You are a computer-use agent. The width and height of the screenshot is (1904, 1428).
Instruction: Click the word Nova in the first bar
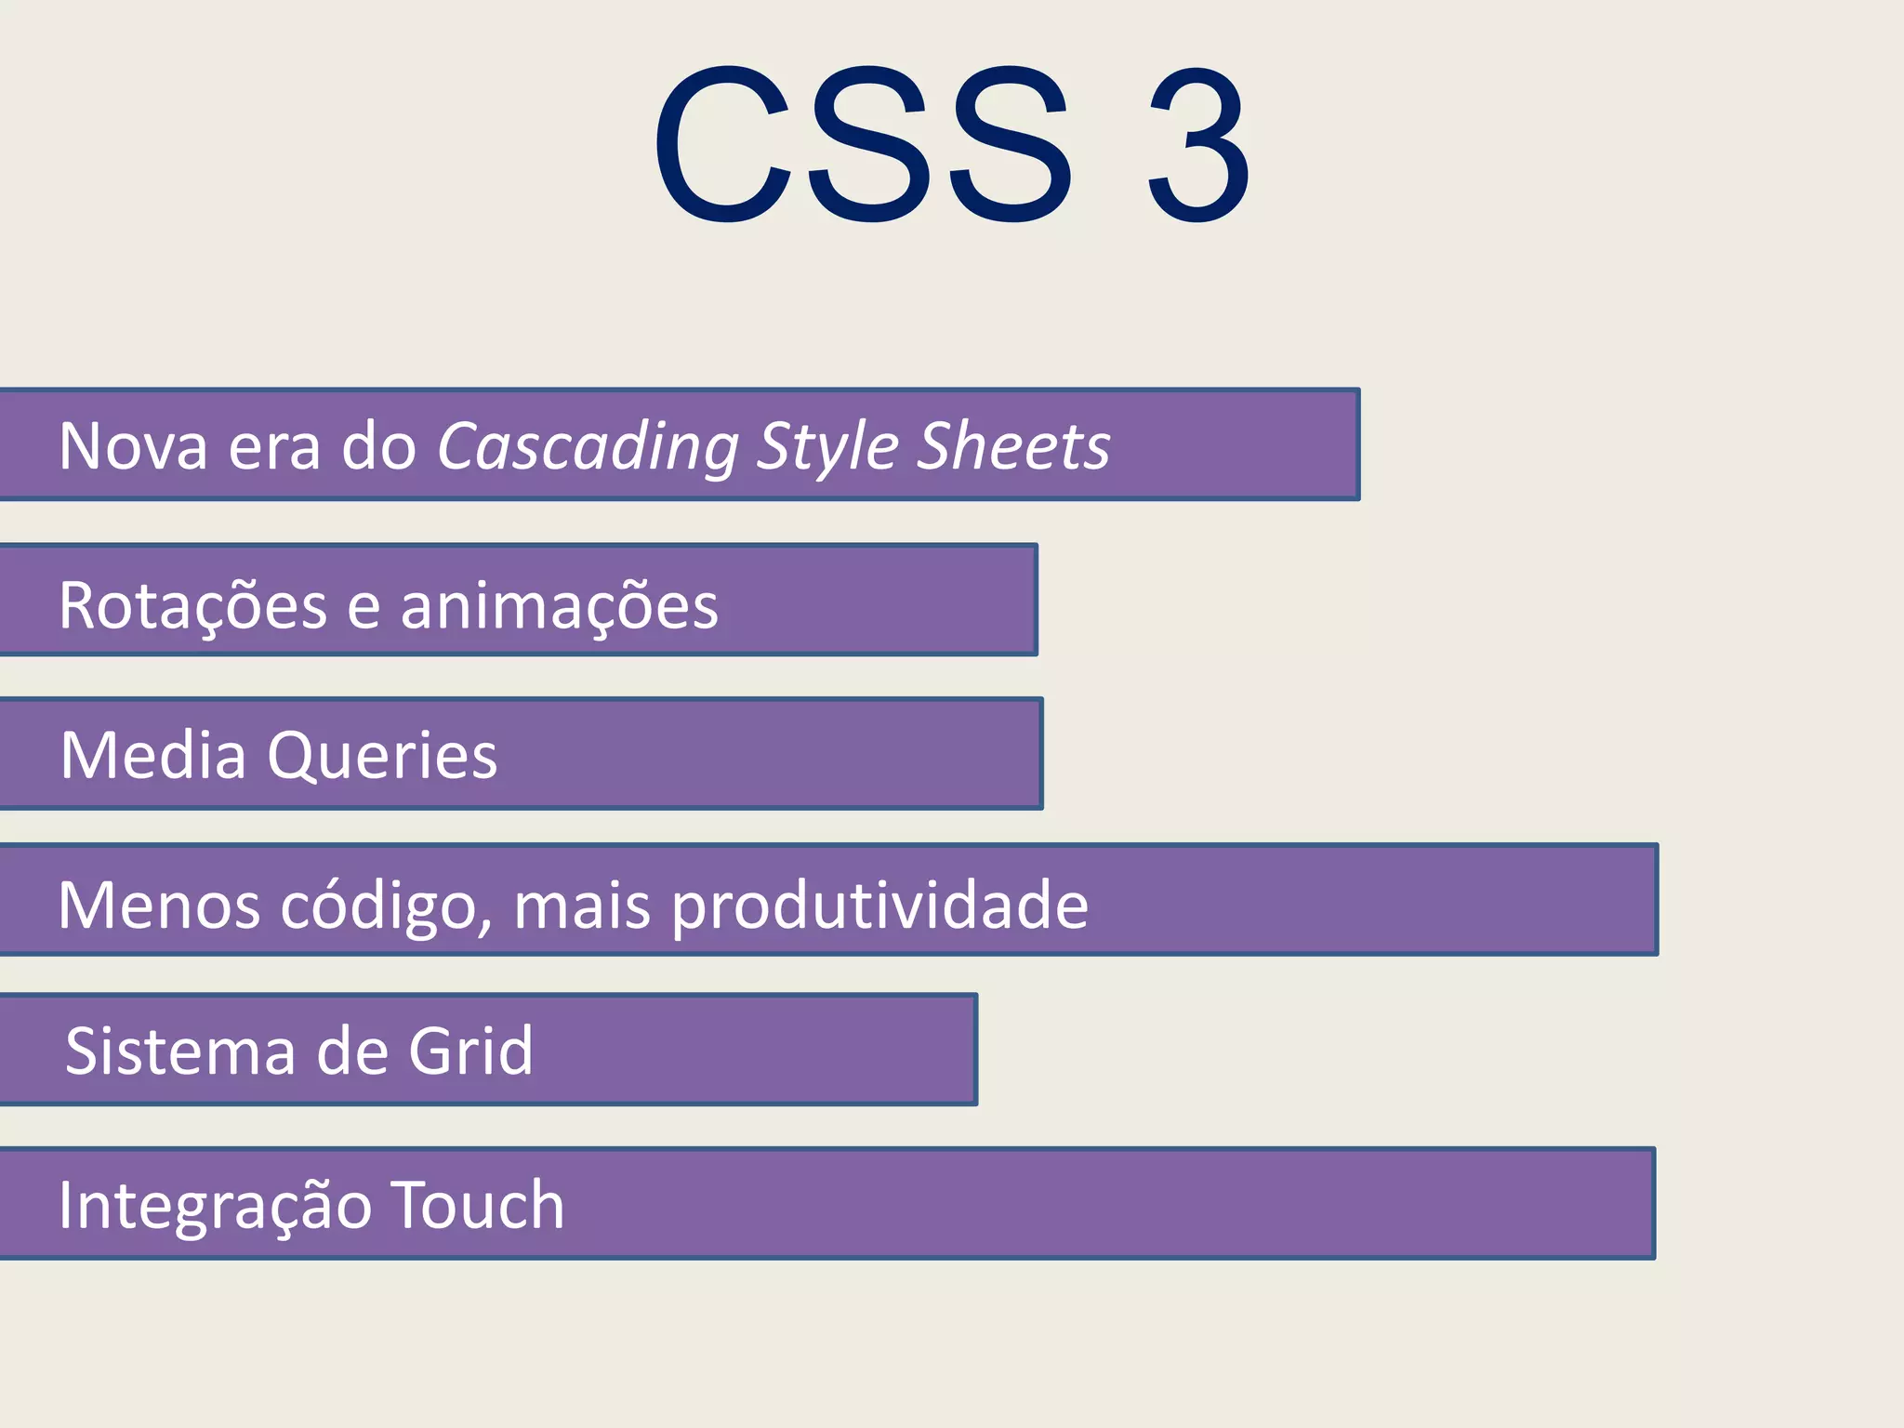tap(133, 446)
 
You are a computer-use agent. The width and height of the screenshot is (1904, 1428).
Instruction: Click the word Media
tap(152, 755)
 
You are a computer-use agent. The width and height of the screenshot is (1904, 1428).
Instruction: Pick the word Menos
tap(159, 906)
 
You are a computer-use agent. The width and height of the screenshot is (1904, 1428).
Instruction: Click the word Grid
tap(471, 1051)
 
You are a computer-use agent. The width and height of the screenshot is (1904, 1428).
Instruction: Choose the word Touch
tap(477, 1205)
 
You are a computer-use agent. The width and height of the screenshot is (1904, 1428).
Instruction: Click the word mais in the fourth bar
tap(582, 906)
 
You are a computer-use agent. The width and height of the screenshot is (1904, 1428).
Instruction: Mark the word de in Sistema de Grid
tap(351, 1051)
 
